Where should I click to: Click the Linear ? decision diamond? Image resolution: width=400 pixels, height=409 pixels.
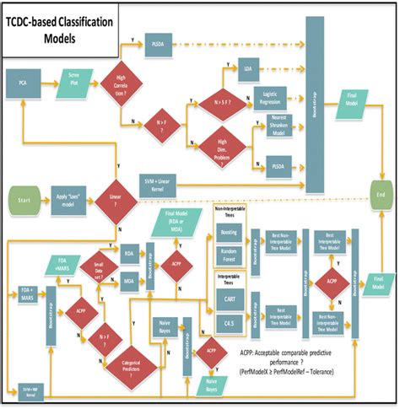[113, 199]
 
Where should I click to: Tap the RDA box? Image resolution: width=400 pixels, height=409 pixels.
[130, 252]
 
